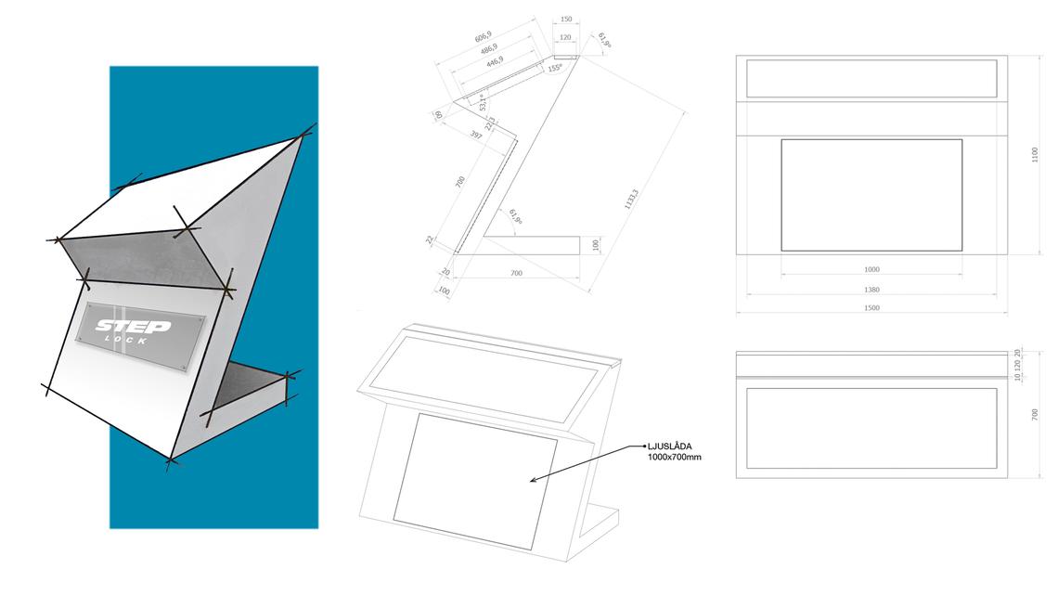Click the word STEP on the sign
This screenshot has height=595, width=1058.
(133, 327)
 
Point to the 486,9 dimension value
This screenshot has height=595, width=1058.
(487, 48)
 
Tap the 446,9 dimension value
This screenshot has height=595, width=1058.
(492, 60)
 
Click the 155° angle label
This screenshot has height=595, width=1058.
(555, 68)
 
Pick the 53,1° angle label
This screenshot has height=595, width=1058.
(484, 102)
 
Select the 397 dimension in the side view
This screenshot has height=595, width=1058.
(475, 136)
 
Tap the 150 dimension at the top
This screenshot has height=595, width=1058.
(566, 19)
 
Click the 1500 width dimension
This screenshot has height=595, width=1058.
(871, 308)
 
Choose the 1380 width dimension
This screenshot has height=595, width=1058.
(871, 290)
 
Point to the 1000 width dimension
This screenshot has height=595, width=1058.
(871, 269)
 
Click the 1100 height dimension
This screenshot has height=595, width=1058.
(1036, 155)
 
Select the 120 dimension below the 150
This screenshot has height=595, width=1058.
(566, 38)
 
